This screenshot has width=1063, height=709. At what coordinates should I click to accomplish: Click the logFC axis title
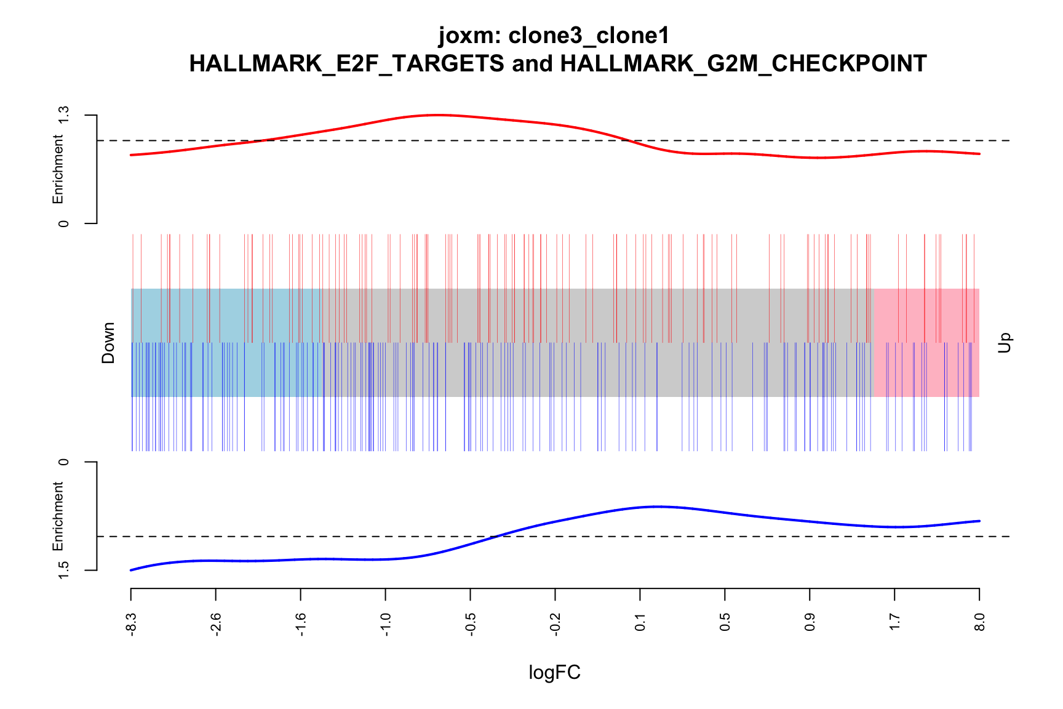pyautogui.click(x=554, y=673)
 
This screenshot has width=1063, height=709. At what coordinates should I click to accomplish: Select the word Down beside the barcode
pyautogui.click(x=108, y=343)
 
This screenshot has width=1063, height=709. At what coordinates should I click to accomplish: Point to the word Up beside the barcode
pyautogui.click(x=1004, y=343)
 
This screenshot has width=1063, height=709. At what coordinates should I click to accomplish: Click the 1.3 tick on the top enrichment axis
pyautogui.click(x=63, y=116)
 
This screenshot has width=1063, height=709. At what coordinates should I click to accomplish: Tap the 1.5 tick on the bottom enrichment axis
pyautogui.click(x=63, y=570)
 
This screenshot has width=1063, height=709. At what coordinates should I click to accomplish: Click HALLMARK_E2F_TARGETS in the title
pyautogui.click(x=346, y=64)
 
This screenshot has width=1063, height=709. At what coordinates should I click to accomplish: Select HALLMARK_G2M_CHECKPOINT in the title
pyautogui.click(x=743, y=64)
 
